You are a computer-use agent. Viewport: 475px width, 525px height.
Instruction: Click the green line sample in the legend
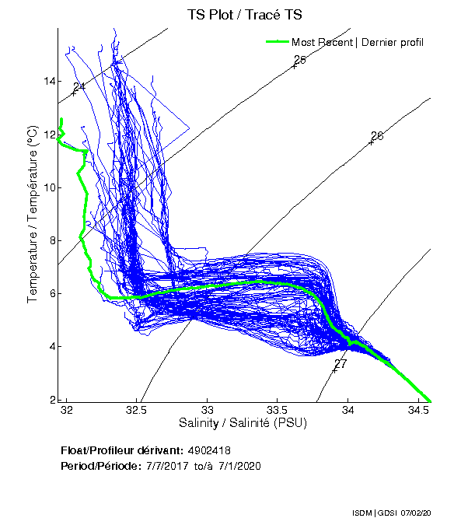276,41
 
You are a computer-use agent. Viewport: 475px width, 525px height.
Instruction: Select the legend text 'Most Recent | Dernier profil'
358,42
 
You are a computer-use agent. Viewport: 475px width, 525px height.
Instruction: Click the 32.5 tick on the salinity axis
137,409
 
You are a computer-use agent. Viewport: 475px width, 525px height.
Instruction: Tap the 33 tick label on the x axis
208,409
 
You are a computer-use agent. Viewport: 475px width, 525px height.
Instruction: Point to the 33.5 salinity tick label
278,409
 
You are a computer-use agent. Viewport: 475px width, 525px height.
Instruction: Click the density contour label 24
79,87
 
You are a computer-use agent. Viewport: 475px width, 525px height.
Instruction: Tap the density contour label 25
300,60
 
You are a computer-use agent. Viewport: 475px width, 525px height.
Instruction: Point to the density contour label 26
377,136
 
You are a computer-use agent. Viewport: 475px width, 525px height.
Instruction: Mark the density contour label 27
340,364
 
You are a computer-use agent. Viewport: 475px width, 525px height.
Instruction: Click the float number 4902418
209,450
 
